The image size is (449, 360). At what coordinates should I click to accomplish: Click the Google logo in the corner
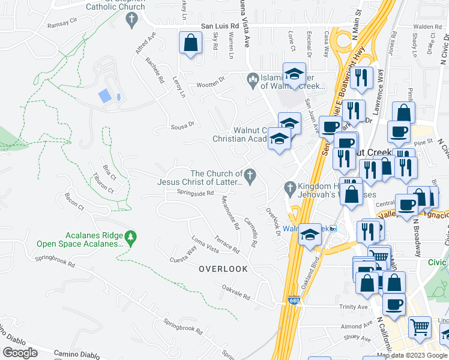(x=20, y=353)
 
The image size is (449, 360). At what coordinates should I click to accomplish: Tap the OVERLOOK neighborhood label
(x=223, y=269)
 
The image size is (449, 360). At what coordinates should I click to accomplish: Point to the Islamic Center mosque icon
(x=253, y=79)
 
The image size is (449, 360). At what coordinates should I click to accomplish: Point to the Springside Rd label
(x=195, y=193)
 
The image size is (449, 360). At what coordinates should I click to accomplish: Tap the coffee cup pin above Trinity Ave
(x=394, y=304)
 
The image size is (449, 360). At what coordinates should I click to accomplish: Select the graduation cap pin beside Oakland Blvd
(x=310, y=234)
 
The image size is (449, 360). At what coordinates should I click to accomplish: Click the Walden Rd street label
(x=427, y=27)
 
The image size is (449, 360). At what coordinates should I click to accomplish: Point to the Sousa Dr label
(x=183, y=125)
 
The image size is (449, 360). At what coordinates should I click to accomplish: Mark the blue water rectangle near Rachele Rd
(x=104, y=95)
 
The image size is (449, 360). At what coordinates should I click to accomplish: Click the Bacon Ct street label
(x=74, y=205)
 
